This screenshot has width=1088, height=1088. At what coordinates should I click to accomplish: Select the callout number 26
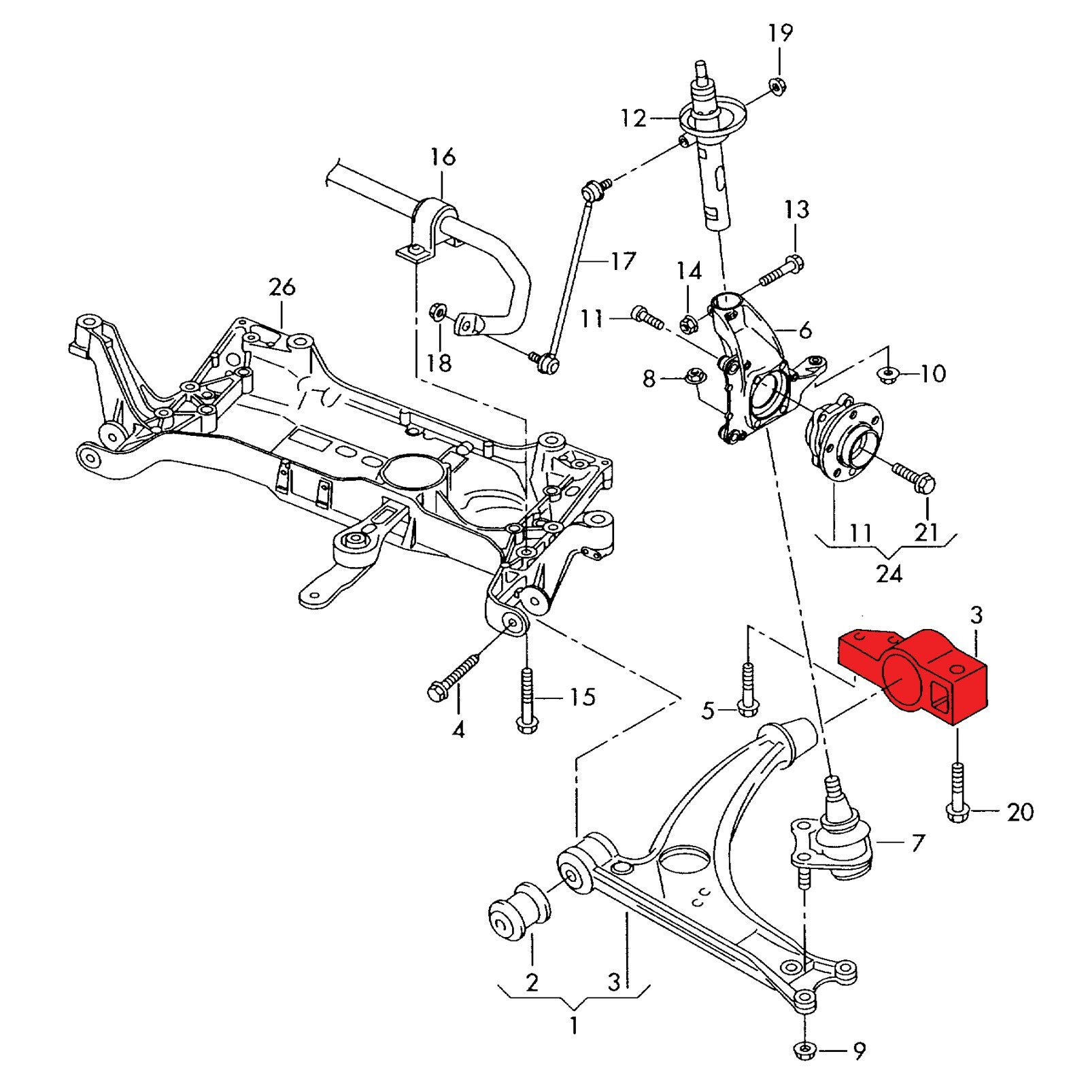282,287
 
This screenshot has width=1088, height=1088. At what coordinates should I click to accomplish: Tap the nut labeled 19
778,86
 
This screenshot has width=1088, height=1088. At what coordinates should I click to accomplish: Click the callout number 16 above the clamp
443,157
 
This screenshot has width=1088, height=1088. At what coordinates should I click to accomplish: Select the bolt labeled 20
957,792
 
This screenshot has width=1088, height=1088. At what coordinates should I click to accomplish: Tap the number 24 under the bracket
889,573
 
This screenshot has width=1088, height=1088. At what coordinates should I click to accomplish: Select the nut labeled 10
887,374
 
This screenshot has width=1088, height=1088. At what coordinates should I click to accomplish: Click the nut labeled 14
687,324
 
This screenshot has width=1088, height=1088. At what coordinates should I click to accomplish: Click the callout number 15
583,696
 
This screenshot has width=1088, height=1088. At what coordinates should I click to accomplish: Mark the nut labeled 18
438,313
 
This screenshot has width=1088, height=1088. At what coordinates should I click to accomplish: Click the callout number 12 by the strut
632,118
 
